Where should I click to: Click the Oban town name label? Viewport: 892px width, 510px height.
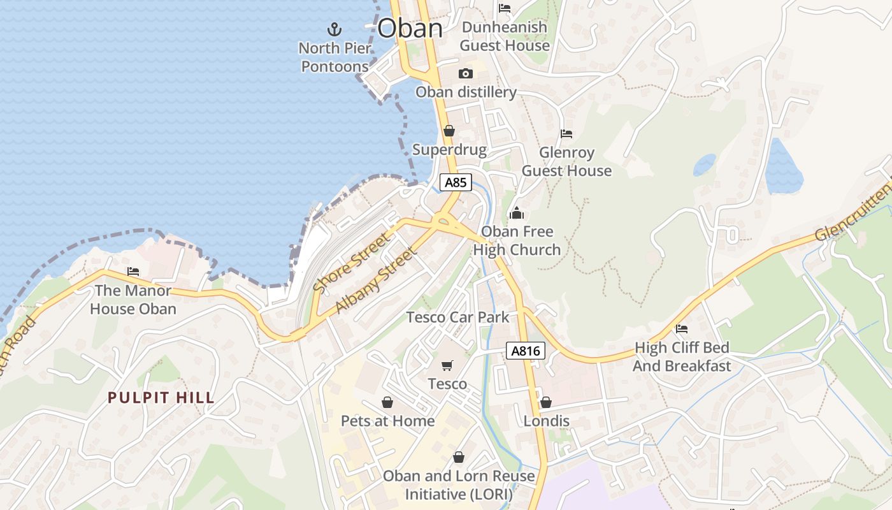click(x=410, y=29)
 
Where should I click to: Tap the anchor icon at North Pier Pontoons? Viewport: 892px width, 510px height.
click(x=334, y=29)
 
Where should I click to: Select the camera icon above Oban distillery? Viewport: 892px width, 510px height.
click(x=466, y=73)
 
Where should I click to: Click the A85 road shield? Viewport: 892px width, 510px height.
click(x=456, y=183)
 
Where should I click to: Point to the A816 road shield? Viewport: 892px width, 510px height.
click(x=526, y=350)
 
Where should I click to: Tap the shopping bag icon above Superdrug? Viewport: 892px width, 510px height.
click(x=449, y=131)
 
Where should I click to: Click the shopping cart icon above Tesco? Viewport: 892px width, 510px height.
click(x=447, y=365)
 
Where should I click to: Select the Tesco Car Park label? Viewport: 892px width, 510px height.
click(x=458, y=317)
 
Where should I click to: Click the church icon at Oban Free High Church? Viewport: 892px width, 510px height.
click(x=516, y=213)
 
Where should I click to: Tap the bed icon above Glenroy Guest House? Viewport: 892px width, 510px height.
click(x=566, y=134)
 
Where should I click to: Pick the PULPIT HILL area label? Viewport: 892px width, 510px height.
click(x=161, y=398)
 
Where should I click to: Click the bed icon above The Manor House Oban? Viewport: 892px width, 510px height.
click(x=133, y=272)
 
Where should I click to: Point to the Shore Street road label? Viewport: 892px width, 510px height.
click(x=350, y=263)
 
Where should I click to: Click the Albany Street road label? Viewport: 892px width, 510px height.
click(x=376, y=280)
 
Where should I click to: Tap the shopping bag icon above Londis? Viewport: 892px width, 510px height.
click(x=546, y=402)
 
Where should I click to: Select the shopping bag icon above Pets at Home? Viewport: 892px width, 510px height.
click(x=387, y=402)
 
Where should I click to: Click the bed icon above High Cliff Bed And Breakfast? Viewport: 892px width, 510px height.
click(x=682, y=329)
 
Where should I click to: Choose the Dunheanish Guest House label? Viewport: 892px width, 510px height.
click(x=504, y=36)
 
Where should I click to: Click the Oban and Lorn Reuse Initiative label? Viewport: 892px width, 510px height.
click(x=459, y=485)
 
